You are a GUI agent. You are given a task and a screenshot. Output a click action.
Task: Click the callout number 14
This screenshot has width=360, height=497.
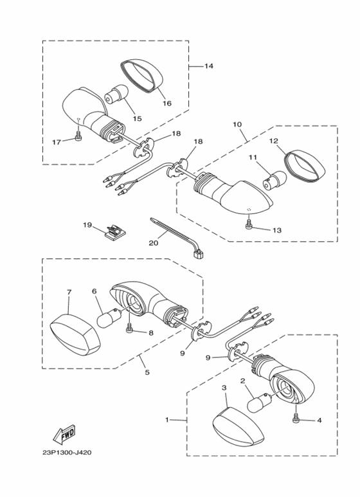pos(209,66)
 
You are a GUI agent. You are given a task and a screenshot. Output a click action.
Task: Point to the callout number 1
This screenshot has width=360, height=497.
pos(167,420)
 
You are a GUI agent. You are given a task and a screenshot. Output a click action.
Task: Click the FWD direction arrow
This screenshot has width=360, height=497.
pos(66,437)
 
